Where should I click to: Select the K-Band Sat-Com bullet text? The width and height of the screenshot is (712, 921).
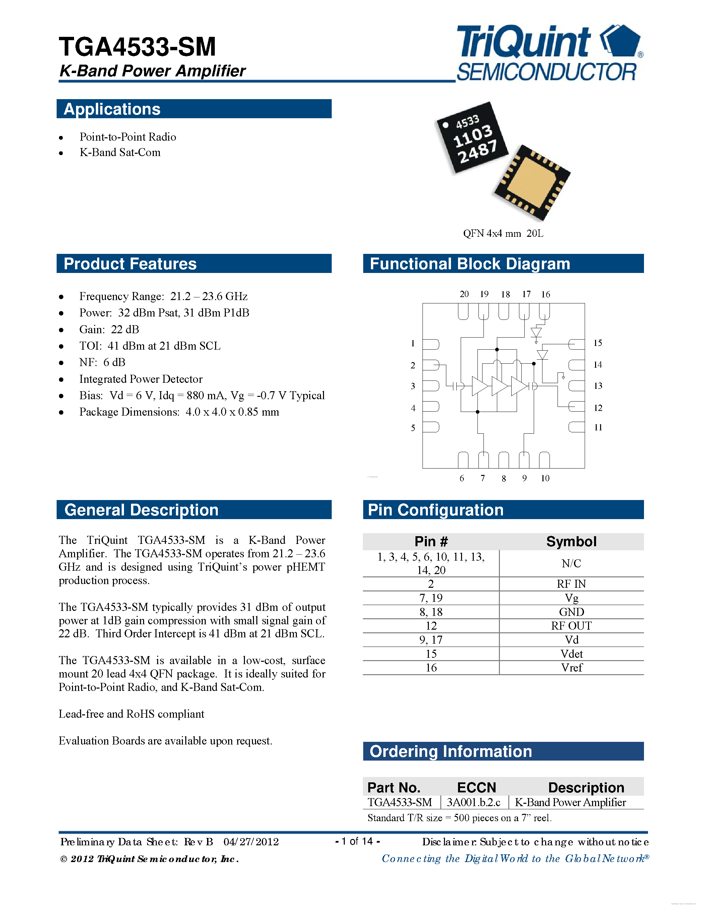[120, 153]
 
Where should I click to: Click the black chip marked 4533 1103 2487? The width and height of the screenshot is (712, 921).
[471, 137]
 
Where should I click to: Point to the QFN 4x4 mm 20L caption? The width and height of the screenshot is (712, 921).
[503, 234]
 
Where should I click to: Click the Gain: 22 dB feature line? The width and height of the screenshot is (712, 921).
[109, 329]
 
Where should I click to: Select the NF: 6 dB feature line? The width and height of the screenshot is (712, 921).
[102, 362]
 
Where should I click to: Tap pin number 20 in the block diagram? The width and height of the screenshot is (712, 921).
[464, 294]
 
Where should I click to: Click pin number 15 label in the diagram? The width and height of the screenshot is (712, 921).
[598, 343]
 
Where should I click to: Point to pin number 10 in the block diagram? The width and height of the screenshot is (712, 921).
[545, 478]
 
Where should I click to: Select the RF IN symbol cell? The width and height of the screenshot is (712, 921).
[571, 584]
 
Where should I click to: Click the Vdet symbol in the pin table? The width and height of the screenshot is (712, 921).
[571, 654]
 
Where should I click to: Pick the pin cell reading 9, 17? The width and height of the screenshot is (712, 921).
[431, 640]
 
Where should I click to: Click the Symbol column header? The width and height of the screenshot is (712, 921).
[571, 542]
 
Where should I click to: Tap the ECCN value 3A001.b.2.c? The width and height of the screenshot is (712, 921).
[473, 802]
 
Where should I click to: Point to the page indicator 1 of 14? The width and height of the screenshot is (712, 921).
[357, 841]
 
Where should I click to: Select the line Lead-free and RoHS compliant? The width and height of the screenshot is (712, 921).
[131, 714]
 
